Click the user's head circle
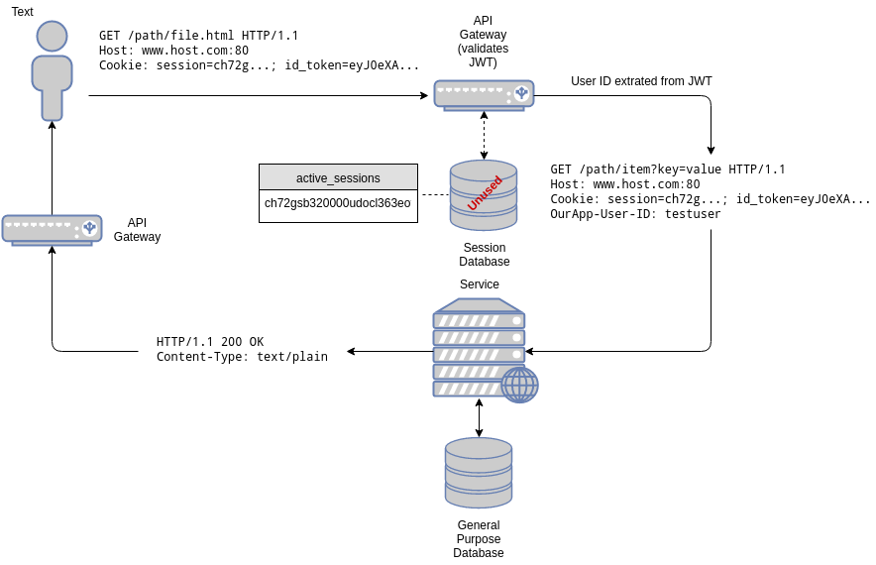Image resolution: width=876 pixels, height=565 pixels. [x=52, y=37]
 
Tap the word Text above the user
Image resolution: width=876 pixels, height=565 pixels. [x=23, y=12]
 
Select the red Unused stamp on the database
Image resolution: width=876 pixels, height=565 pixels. [x=485, y=193]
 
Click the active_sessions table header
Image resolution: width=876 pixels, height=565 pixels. [x=338, y=177]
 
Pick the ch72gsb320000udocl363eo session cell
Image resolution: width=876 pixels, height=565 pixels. [x=338, y=203]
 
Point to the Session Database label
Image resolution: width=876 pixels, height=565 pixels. [x=485, y=255]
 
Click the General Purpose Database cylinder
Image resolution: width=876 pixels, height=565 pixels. [x=479, y=473]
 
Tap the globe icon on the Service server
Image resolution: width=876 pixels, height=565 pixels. [x=519, y=385]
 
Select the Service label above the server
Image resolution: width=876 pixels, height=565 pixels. [x=480, y=284]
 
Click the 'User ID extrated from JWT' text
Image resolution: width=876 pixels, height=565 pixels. [x=641, y=81]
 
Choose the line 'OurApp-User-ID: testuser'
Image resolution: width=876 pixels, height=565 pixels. [x=635, y=214]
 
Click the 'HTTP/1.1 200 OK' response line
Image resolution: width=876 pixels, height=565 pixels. [x=210, y=341]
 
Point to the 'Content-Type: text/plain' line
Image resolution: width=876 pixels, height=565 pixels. [x=242, y=357]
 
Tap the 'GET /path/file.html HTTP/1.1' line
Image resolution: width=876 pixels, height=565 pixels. [x=198, y=36]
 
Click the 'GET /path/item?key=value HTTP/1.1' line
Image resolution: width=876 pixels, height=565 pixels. [x=668, y=169]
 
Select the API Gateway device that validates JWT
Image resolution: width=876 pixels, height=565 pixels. [x=485, y=95]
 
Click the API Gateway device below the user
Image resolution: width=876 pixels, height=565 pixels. [x=52, y=230]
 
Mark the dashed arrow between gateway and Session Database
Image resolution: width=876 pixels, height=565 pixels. [x=484, y=135]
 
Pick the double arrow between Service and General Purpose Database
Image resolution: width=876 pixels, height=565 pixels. [x=479, y=417]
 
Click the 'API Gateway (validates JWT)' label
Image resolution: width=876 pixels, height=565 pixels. [x=484, y=42]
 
